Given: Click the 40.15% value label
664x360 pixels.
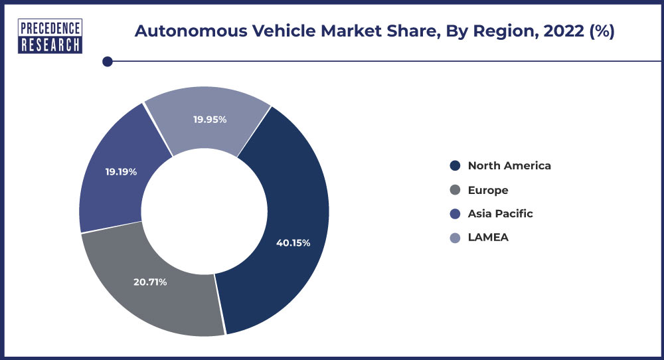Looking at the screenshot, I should pos(293,242).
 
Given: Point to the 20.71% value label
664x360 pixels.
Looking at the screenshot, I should pos(150,282).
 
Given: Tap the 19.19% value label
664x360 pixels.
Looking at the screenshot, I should pos(121,171).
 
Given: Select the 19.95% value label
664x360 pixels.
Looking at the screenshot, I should pos(210,120).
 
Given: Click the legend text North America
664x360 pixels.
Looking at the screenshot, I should pos(509,165).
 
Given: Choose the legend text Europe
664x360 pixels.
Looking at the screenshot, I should pos(487,190).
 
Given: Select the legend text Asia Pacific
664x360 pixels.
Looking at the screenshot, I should pos(500,213).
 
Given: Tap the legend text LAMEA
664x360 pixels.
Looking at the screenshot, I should pos(488,237).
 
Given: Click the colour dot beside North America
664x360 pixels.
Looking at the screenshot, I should pos(455,165).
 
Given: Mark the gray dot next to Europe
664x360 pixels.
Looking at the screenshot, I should pos(455,190).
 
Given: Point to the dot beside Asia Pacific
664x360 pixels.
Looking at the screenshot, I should pos(455,214).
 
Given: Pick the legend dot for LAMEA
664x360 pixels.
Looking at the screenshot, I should pos(455,238).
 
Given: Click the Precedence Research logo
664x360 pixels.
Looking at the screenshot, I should pos(50,36).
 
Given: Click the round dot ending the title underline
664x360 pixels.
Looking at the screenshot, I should pos(107,62).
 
